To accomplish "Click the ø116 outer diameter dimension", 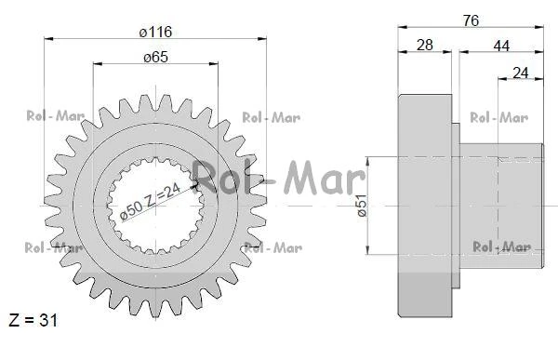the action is click(155, 32).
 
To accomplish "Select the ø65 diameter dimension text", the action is click(155, 58).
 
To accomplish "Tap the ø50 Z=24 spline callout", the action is click(151, 202).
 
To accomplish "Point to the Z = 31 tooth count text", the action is click(33, 320).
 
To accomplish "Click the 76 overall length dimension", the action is click(471, 20).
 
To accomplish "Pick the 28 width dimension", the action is click(425, 46).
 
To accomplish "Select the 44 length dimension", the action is click(501, 46).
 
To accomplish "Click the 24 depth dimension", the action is click(520, 73).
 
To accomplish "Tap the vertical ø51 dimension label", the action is click(362, 206).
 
